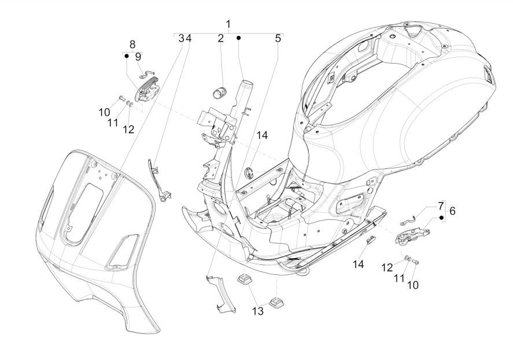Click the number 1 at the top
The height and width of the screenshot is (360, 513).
[x=228, y=24]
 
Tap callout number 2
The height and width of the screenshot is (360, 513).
[x=220, y=39]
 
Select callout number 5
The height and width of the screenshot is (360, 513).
[x=278, y=39]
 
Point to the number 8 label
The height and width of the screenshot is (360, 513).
[x=132, y=44]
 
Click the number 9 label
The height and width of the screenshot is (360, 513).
[x=138, y=57]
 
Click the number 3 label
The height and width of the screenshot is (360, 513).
[x=181, y=39]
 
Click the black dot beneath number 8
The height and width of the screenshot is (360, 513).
[x=126, y=57]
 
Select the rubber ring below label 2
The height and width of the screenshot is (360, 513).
[x=220, y=91]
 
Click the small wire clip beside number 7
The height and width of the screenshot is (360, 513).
[x=409, y=219]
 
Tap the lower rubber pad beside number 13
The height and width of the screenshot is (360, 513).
[x=276, y=302]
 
